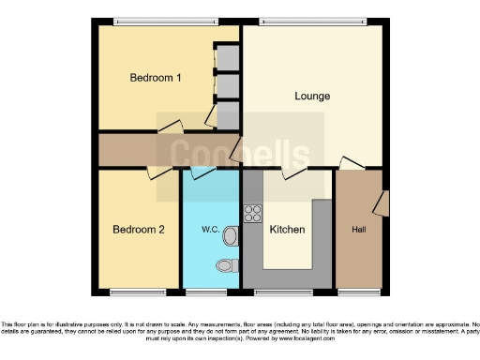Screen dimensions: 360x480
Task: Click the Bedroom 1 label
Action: point(155,78)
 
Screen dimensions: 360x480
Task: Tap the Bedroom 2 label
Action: point(139,229)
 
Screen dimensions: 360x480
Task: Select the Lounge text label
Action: point(312,96)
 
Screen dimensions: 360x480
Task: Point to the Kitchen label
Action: point(287,229)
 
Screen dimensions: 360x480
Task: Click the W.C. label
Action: point(210,229)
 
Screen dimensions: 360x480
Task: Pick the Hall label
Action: point(358,229)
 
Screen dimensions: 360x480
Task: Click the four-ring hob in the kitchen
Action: point(251,213)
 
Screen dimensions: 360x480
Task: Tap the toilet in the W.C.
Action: point(226,265)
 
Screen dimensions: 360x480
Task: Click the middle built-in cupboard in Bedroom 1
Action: point(226,85)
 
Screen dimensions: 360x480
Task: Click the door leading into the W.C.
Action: point(202,172)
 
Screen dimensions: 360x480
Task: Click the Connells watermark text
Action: point(240,156)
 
